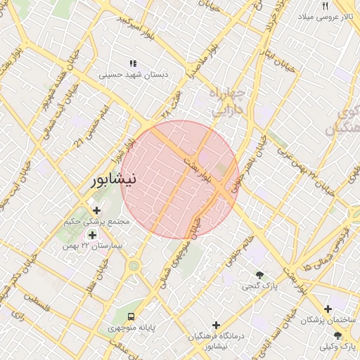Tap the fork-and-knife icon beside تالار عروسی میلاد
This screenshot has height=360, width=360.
click(326, 5)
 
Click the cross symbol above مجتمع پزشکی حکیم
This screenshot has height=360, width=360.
click(96, 210)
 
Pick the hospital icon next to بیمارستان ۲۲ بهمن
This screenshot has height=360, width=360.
click(92, 234)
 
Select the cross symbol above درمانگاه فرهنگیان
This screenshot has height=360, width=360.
click(216, 326)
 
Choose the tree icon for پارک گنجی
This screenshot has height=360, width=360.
click(260, 275)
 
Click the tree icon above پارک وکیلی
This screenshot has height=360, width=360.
click(338, 336)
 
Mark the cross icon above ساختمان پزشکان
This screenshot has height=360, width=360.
click(328, 309)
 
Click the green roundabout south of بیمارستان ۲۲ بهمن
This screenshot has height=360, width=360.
click(134, 266)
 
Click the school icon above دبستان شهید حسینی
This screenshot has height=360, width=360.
click(134, 63)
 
